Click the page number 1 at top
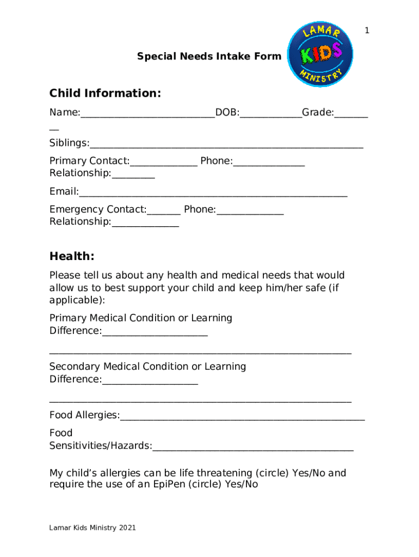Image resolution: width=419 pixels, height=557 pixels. point(367,31)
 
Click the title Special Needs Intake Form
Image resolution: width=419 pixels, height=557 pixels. point(209,56)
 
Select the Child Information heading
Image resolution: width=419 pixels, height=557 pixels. point(105,94)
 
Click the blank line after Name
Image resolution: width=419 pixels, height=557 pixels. point(147,114)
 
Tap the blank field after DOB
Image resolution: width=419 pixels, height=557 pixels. point(270,114)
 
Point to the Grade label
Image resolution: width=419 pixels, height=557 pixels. point(318,113)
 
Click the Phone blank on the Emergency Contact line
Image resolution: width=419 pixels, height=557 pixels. point(250,211)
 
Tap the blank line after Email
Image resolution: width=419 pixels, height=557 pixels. point(213,193)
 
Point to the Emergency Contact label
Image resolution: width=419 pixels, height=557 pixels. point(98,209)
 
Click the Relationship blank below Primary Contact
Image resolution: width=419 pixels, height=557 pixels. point(133,175)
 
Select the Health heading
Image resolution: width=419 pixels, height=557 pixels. point(72,256)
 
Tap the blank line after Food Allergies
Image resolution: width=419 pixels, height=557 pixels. point(242,417)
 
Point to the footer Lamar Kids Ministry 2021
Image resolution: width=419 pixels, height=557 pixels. point(93,528)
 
